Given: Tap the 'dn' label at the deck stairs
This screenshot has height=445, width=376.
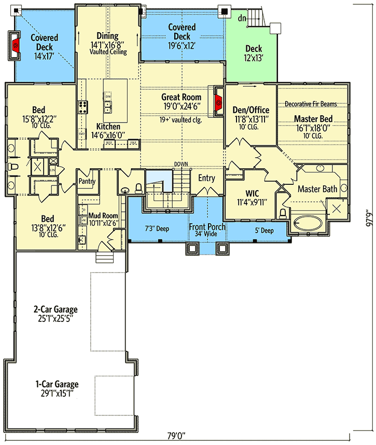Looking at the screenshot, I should (242, 19).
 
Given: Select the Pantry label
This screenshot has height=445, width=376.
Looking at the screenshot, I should (86, 181).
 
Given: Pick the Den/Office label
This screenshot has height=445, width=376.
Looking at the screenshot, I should (251, 110).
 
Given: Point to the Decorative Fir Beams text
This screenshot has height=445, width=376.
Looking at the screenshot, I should (311, 104).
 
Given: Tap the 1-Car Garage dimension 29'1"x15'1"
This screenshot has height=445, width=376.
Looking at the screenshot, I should (57, 394).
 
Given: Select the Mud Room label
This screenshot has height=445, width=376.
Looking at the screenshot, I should (103, 215).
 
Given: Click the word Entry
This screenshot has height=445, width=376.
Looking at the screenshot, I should (206, 178).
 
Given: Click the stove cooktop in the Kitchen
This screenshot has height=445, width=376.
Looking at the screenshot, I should (82, 107).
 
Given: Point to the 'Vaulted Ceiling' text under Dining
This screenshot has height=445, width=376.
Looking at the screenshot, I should (108, 52).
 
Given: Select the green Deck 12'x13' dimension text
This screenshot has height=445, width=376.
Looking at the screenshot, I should (254, 58).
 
